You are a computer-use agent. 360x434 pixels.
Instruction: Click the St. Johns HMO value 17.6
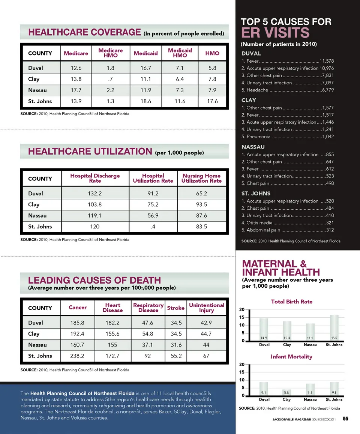(x=212, y=101)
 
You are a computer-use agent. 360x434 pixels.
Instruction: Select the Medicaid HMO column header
(x=180, y=53)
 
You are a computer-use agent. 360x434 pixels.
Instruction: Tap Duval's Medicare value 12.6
(x=76, y=68)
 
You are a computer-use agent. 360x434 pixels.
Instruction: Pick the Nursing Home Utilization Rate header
(x=201, y=178)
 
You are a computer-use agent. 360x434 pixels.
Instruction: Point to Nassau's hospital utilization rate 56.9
(x=153, y=216)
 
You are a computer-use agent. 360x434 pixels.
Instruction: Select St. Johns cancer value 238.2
(x=77, y=356)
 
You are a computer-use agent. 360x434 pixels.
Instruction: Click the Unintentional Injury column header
(x=206, y=308)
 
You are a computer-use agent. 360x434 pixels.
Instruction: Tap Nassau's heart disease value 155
(x=112, y=345)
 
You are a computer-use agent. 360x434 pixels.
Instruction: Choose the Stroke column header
(x=175, y=308)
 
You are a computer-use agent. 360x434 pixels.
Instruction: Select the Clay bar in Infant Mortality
(x=287, y=392)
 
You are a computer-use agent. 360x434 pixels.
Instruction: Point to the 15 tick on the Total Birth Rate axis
(x=243, y=317)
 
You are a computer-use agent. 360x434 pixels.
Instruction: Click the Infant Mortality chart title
(x=291, y=357)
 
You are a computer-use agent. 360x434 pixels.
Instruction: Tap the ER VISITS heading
(x=275, y=33)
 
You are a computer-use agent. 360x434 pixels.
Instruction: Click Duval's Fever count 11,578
(x=327, y=61)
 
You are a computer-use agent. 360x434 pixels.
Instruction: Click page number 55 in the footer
(x=345, y=419)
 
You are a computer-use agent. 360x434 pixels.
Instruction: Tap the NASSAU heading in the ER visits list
(x=253, y=147)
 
